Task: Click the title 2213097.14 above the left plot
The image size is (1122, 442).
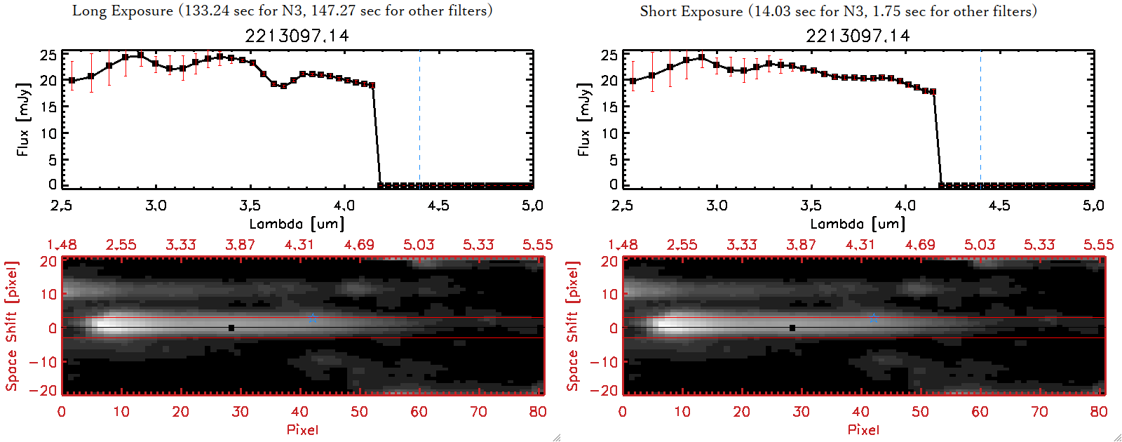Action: click(297, 36)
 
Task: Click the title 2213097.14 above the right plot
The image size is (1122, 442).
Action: click(858, 36)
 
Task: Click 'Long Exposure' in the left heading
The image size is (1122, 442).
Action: click(123, 11)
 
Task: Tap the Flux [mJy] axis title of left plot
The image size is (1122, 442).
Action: click(23, 119)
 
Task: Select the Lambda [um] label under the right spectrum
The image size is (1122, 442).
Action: click(858, 224)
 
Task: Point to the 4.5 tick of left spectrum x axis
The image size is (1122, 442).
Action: click(438, 206)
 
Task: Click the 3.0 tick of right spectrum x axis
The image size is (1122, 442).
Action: click(717, 206)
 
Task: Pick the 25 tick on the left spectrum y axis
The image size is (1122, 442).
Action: click(48, 55)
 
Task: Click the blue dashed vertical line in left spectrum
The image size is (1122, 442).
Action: click(419, 119)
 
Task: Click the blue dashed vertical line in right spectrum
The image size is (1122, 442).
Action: click(980, 119)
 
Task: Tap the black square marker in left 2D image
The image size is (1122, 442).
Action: click(231, 328)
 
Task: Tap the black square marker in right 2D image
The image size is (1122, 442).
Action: click(792, 328)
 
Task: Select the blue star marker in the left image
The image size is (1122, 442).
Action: click(312, 318)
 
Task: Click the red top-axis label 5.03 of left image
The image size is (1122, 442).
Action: click(419, 245)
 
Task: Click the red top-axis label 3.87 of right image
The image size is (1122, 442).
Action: click(801, 245)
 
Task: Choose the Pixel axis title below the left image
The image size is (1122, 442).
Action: click(302, 429)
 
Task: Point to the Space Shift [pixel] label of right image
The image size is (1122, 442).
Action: click(573, 326)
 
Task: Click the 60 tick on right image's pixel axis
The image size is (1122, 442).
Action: click(980, 412)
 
